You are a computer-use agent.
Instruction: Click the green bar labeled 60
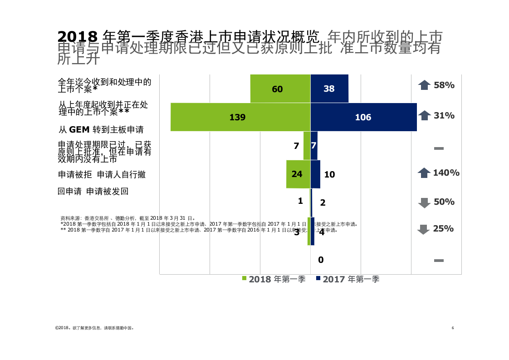tap(280, 89)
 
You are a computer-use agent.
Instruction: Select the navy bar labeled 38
tap(329, 89)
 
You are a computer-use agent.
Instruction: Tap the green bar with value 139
tap(240, 117)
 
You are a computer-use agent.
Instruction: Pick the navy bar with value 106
tap(363, 117)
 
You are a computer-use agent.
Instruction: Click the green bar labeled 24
tap(298, 174)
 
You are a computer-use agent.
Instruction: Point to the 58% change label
tap(444, 85)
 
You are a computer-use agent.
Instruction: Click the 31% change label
tap(444, 115)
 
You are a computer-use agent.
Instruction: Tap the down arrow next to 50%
tap(424, 202)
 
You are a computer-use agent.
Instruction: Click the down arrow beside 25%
tap(423, 229)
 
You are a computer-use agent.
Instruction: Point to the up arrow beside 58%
tap(424, 85)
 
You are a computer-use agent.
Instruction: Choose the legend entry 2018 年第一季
tap(274, 279)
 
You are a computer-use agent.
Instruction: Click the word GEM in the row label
tap(79, 130)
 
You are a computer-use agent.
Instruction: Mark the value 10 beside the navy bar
tap(329, 174)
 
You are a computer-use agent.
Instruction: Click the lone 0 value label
tap(321, 260)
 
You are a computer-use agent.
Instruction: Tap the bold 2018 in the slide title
tap(78, 36)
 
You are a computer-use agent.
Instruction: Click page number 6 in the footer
tap(453, 328)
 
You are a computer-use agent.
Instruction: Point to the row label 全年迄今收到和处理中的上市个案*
tap(104, 85)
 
